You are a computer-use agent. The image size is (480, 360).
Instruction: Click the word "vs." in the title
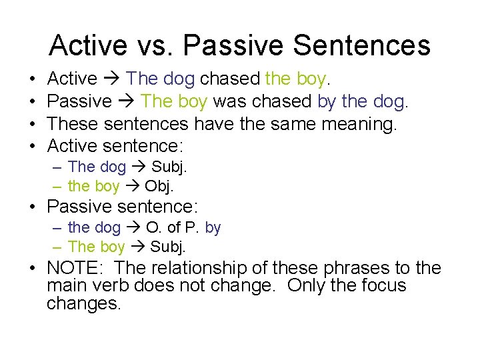pyautogui.click(x=155, y=45)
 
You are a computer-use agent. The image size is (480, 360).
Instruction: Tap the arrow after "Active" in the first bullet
pyautogui.click(x=111, y=79)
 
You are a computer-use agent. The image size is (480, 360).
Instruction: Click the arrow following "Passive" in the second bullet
pyautogui.click(x=127, y=102)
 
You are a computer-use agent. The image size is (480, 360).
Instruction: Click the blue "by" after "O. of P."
pyautogui.click(x=213, y=228)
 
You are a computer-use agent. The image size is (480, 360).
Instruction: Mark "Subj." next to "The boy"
pyautogui.click(x=169, y=247)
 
